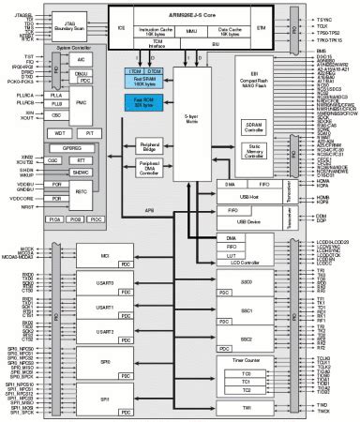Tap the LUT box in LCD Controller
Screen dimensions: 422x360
point(231,256)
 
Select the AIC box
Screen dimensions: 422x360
point(81,57)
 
